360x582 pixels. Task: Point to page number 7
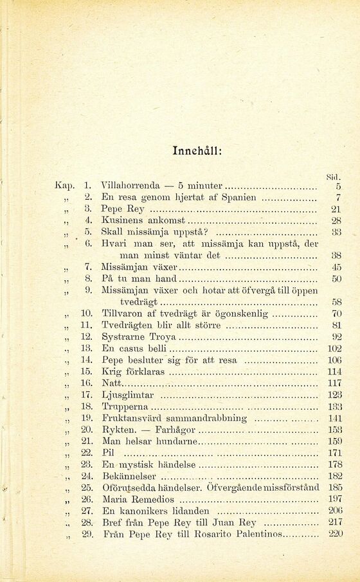click(337, 197)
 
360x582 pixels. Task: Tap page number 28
click(336, 221)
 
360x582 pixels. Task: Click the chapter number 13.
click(87, 348)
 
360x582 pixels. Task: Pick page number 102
click(334, 348)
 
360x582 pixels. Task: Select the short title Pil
click(108, 452)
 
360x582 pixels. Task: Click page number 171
click(334, 452)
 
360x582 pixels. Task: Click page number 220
click(334, 533)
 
